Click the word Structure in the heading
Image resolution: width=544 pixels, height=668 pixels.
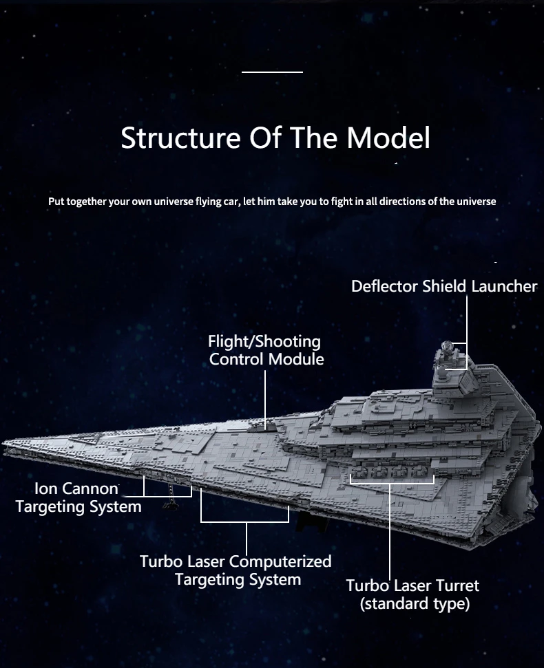click(180, 138)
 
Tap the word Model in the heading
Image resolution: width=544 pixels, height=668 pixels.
click(388, 138)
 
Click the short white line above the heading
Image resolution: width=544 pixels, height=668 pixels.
click(272, 72)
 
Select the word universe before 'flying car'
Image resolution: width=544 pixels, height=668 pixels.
click(174, 201)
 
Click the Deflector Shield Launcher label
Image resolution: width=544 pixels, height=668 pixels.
click(444, 286)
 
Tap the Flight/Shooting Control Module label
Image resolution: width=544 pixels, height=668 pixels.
click(266, 350)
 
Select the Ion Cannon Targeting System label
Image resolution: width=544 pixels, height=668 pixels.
click(78, 497)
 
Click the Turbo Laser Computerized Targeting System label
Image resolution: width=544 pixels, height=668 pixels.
click(236, 570)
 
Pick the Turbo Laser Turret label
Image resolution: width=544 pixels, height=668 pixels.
click(412, 585)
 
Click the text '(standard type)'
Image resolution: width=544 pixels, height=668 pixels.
click(415, 603)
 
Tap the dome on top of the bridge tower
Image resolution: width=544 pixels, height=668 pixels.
click(446, 345)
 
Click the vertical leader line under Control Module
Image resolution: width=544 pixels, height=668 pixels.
click(265, 399)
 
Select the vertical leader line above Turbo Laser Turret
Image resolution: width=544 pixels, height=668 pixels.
click(390, 530)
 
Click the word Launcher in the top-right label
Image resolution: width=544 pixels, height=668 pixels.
click(504, 286)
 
